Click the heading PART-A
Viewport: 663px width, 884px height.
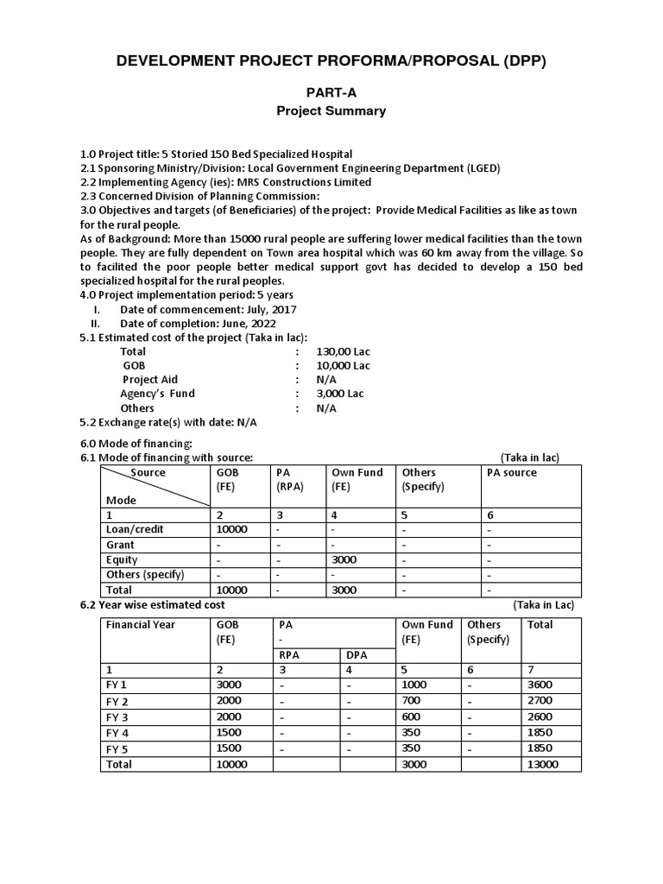(x=331, y=92)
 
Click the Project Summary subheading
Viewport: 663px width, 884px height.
(x=331, y=110)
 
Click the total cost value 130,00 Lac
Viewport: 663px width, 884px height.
(x=343, y=351)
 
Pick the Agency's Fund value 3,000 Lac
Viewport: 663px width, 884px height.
(x=340, y=394)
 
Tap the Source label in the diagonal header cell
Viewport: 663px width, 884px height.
(x=148, y=473)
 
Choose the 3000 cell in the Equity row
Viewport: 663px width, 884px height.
(x=344, y=559)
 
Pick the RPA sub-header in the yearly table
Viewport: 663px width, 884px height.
(x=289, y=654)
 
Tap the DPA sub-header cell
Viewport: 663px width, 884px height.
(x=357, y=654)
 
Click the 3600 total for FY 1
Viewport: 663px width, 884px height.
(x=540, y=685)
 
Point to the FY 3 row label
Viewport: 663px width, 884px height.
(x=117, y=717)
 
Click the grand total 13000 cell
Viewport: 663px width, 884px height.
(x=543, y=765)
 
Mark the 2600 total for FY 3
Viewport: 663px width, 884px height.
(x=540, y=717)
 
